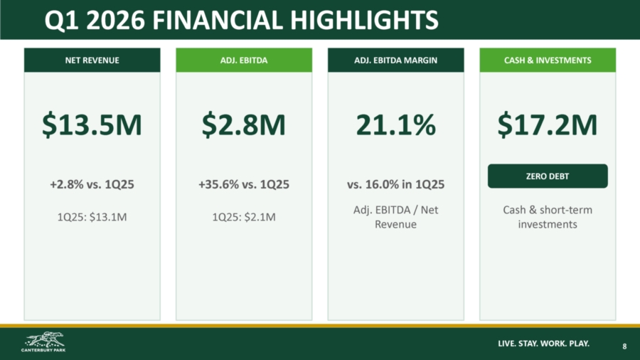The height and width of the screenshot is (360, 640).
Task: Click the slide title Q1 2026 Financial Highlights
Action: [241, 20]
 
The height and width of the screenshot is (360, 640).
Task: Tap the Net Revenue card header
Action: [92, 60]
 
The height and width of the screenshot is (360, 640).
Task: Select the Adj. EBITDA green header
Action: [244, 60]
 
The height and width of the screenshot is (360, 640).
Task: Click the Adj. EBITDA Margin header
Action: [396, 60]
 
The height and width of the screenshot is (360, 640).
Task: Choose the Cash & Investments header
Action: [548, 60]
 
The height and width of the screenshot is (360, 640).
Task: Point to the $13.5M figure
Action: [92, 125]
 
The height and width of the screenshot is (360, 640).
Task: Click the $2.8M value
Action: [244, 125]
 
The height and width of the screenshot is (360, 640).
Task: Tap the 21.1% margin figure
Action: [396, 125]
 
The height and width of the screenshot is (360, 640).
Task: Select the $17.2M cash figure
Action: [548, 125]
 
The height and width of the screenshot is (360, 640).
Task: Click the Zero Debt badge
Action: [548, 176]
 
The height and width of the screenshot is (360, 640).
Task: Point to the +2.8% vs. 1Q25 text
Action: [92, 184]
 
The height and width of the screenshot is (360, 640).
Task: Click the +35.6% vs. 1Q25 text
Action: [244, 184]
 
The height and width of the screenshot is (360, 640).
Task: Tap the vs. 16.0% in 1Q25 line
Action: [396, 184]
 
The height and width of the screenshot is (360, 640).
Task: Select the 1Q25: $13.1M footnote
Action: [92, 217]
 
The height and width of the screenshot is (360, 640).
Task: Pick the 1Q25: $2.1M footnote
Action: [244, 217]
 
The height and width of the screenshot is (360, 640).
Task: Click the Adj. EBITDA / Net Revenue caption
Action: [396, 217]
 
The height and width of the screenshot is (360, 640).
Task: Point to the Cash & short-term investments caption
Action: [548, 217]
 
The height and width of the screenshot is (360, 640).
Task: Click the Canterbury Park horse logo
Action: [43, 342]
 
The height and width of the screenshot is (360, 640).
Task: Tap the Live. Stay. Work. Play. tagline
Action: [544, 343]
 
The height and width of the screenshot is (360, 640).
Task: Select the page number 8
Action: [624, 346]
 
